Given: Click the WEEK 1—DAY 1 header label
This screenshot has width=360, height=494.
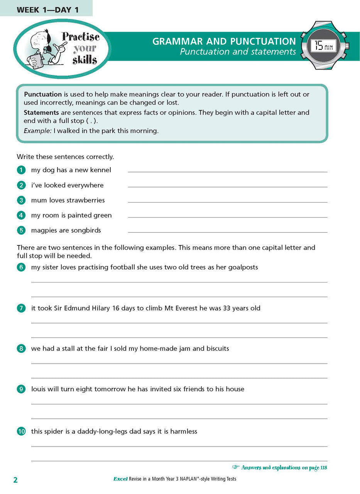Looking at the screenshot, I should [x=47, y=10].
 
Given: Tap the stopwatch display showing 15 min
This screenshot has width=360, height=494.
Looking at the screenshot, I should [x=324, y=46].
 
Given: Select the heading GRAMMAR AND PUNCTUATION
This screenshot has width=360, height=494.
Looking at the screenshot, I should [x=224, y=41].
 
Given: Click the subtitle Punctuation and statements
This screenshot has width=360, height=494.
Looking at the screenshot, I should [x=238, y=52].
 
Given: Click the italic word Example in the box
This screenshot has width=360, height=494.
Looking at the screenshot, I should [x=37, y=131].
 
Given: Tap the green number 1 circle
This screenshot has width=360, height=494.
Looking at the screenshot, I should [x=21, y=170].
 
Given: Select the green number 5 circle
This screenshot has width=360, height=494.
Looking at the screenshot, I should [x=21, y=230].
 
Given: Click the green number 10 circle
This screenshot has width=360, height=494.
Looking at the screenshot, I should [x=21, y=431].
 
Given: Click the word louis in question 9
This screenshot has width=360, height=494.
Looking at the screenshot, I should [x=38, y=389].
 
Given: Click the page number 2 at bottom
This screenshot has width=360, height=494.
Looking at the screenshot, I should [x=15, y=480].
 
